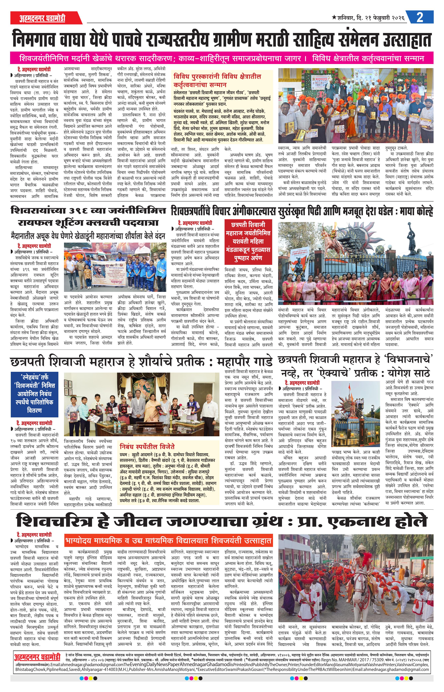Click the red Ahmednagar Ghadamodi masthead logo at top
tap(42, 18)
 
